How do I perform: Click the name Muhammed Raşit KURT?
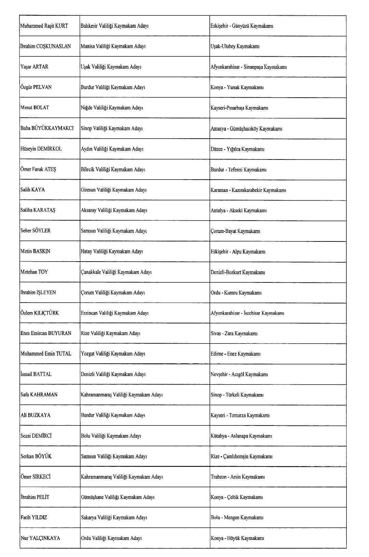(44, 26)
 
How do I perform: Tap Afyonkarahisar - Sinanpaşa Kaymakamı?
(248, 67)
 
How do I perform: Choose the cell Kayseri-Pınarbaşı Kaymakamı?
(239, 108)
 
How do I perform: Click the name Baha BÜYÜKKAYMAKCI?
(47, 128)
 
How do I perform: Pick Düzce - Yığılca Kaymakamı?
(237, 149)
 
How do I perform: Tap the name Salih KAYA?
(32, 190)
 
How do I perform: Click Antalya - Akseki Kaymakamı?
(238, 211)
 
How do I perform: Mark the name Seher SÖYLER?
(35, 231)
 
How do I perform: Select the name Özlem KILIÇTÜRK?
(39, 313)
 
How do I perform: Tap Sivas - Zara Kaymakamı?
(234, 333)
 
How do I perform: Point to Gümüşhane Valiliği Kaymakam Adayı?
(118, 497)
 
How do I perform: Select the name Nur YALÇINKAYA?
(40, 538)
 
